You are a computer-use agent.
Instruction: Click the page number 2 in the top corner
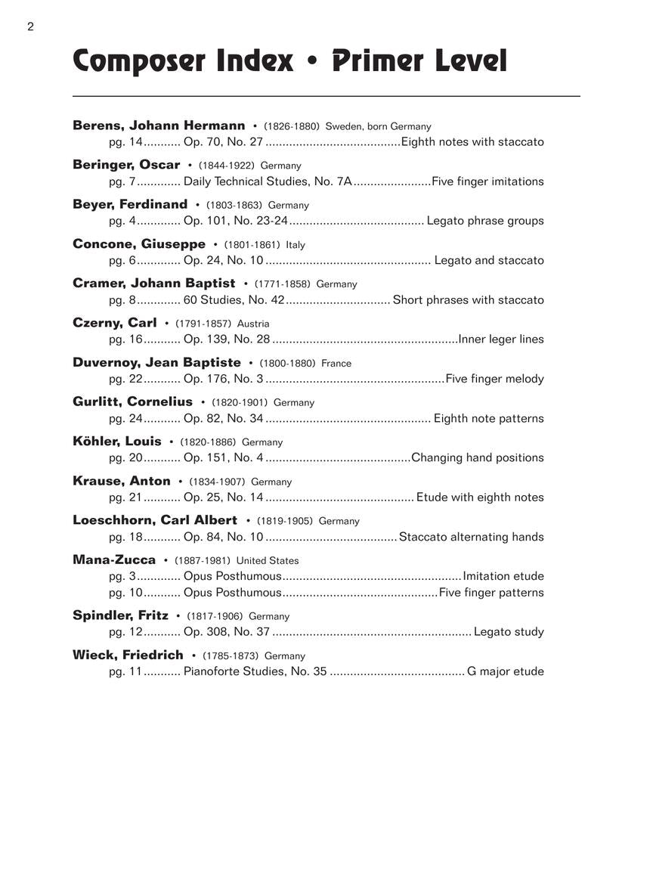tap(30, 27)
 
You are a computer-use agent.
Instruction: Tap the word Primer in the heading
tap(382, 61)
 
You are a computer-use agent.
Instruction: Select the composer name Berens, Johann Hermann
tap(159, 126)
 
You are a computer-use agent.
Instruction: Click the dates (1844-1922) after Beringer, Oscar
tap(227, 166)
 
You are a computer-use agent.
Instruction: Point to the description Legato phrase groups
tap(485, 221)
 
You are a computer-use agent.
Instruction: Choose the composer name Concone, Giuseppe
tap(139, 243)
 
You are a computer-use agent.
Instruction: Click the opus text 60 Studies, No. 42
tap(234, 299)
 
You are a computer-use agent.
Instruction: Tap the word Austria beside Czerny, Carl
tap(253, 324)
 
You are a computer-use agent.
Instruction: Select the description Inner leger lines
tap(501, 339)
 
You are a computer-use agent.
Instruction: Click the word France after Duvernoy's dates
tap(336, 363)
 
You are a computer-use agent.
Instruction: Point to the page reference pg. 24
tap(125, 418)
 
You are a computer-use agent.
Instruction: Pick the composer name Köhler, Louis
tap(117, 441)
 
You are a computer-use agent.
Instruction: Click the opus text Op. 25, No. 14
tap(224, 497)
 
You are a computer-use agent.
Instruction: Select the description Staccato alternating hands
tap(471, 537)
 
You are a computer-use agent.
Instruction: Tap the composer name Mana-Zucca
tap(114, 559)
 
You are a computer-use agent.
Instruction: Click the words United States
tap(268, 561)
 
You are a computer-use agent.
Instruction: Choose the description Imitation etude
tap(503, 576)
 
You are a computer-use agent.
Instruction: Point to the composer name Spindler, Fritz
tap(120, 615)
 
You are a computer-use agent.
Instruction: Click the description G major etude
tap(506, 671)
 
